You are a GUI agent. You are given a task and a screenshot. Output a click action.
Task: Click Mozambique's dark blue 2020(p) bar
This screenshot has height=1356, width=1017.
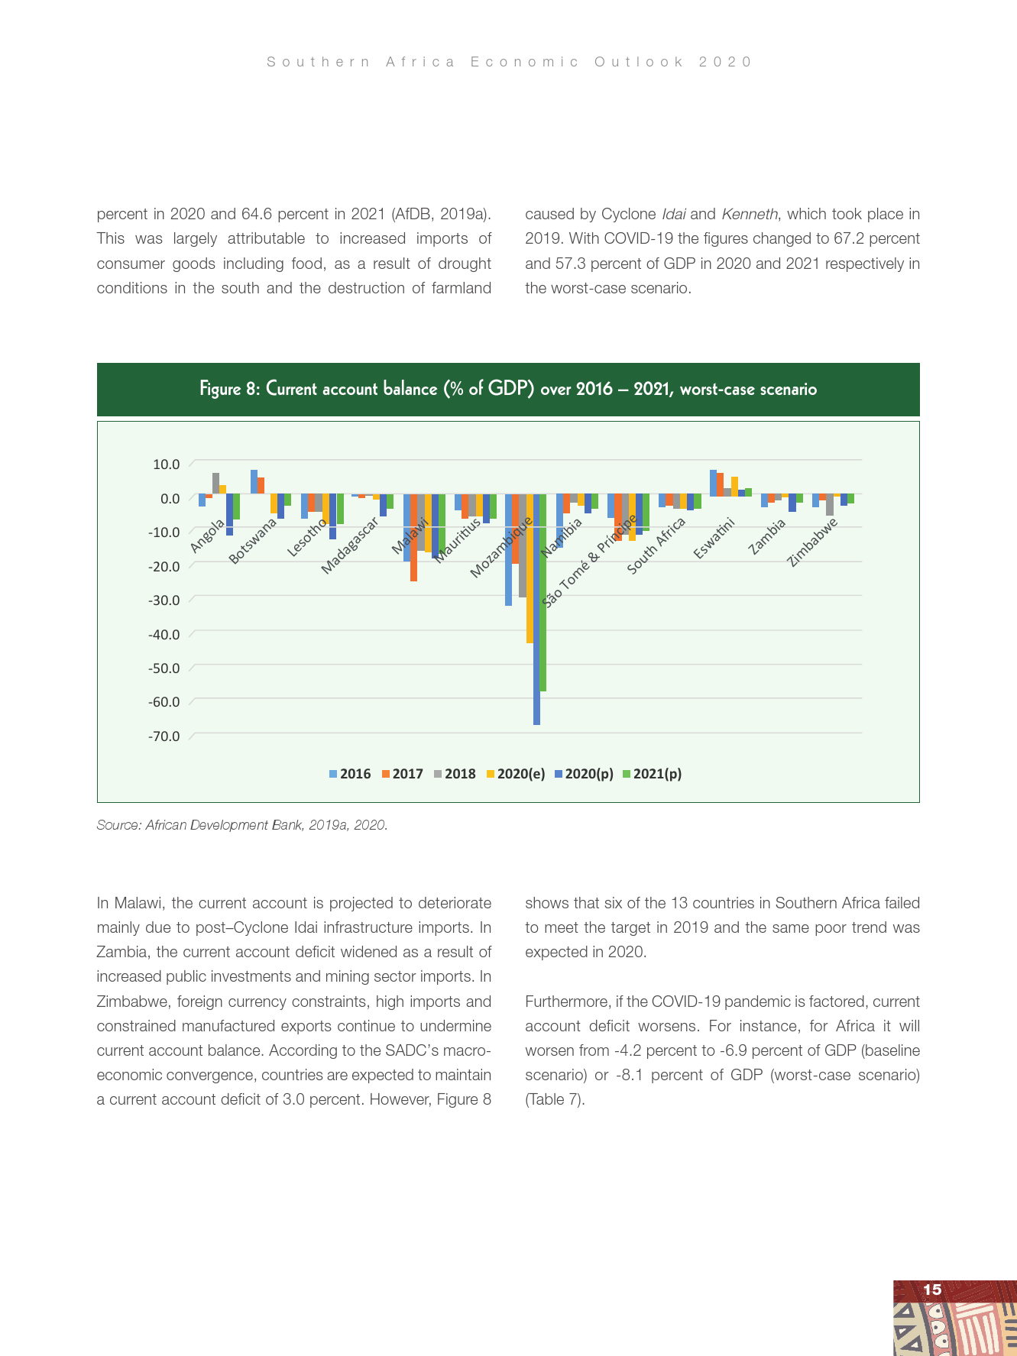point(536,611)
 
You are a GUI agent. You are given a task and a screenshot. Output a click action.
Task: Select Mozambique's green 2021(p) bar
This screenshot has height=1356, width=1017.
point(543,596)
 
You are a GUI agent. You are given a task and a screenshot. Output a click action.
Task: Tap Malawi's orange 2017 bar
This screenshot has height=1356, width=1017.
point(413,539)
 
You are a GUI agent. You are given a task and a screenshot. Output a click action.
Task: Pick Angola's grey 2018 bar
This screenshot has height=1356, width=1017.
point(215,484)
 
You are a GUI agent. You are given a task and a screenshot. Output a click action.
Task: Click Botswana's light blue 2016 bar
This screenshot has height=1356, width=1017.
point(254,482)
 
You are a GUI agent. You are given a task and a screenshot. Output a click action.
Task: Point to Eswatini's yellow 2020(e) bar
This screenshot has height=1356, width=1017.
point(734,487)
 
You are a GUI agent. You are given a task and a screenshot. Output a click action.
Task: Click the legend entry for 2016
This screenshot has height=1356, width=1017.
point(350,774)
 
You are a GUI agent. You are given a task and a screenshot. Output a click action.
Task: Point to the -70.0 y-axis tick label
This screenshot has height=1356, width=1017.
point(164,736)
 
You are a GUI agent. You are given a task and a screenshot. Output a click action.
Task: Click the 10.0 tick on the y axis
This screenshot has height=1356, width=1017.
point(166,464)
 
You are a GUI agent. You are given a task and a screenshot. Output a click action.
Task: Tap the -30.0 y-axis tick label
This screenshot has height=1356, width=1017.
point(164,600)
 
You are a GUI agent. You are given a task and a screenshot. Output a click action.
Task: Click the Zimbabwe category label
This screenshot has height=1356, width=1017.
point(813,542)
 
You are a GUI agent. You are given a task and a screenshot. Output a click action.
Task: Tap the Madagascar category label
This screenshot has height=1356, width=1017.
point(350,545)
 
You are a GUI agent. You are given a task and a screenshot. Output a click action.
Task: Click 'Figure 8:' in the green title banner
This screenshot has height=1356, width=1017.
point(230,390)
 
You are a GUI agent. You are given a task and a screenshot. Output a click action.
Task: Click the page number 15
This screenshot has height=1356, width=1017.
point(932,1290)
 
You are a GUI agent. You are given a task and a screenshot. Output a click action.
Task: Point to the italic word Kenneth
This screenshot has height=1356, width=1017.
point(749,214)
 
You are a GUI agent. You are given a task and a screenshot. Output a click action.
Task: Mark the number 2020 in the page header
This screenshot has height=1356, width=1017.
point(725,62)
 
